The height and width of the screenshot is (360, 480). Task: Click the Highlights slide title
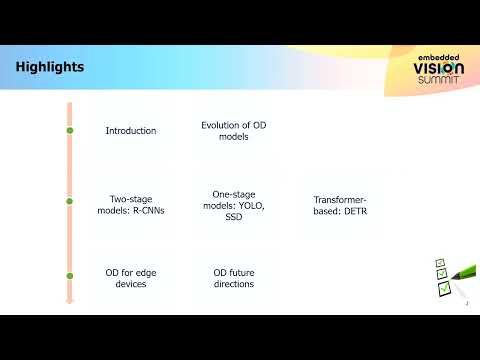[50, 67]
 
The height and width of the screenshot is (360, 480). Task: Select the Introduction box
[131, 131]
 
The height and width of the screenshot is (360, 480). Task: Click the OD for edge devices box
[131, 278]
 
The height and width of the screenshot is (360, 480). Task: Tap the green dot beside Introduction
[69, 131]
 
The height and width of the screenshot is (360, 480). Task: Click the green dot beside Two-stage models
[69, 203]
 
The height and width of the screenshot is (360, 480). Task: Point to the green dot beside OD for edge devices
[69, 276]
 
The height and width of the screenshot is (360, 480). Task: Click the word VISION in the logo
[439, 69]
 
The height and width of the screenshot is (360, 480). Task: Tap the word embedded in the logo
[440, 56]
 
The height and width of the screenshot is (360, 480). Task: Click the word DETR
[358, 211]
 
